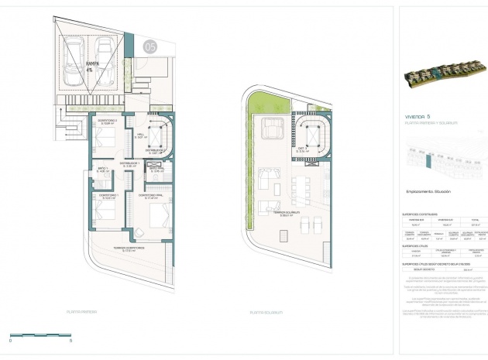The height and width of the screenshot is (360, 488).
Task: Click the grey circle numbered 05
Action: click(150, 47)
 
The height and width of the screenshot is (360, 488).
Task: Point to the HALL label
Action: click(141, 134)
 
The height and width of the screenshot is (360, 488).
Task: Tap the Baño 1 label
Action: click(101, 170)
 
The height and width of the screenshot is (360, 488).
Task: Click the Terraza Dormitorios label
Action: click(129, 249)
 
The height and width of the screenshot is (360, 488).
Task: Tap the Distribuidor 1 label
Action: click(129, 163)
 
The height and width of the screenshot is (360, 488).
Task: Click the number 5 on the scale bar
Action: click(70, 341)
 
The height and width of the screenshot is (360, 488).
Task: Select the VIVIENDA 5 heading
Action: click(422, 117)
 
